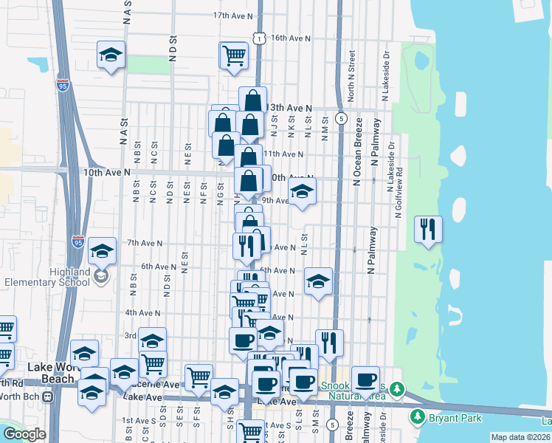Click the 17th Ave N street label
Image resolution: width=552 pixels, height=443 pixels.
[x=232, y=15]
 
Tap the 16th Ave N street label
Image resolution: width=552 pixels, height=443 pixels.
[x=290, y=38]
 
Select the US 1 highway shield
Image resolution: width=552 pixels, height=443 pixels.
[x=258, y=37]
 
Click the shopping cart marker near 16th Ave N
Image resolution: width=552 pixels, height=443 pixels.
[x=234, y=55]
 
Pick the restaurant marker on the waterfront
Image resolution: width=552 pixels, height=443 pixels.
[x=428, y=229]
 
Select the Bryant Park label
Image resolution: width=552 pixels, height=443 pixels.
[x=455, y=419]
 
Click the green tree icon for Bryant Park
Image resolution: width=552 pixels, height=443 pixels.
[x=418, y=418]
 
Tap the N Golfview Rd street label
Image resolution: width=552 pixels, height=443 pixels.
[x=399, y=191]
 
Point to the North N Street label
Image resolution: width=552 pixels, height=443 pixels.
[x=352, y=76]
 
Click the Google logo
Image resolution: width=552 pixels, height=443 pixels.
[x=24, y=434]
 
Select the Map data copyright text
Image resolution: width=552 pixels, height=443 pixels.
[x=520, y=437]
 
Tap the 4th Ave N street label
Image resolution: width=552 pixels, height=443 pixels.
[x=142, y=313]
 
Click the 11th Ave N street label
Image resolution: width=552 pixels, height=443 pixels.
[x=283, y=154]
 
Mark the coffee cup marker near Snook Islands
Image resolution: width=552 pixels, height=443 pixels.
[x=365, y=380]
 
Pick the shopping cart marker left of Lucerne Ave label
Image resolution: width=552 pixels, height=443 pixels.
[x=152, y=363]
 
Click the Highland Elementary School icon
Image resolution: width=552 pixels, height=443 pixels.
[x=100, y=277]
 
